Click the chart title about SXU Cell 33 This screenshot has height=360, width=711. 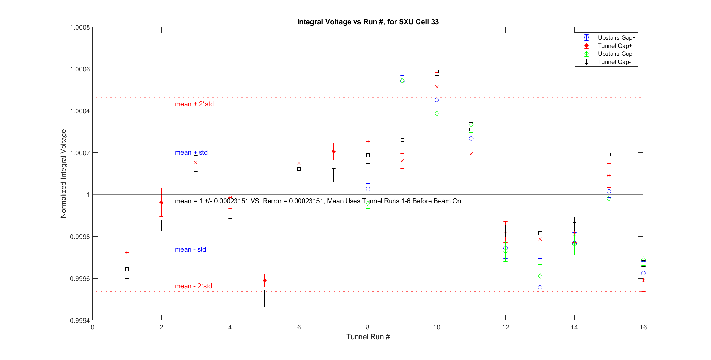(x=368, y=22)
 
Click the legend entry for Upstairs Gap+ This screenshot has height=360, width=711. (x=616, y=38)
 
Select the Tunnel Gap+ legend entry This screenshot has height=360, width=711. (x=615, y=46)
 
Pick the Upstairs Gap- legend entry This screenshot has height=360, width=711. (x=616, y=54)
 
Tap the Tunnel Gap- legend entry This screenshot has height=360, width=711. (x=614, y=62)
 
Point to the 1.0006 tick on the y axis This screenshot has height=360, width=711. (x=80, y=69)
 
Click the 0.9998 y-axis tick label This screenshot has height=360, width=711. (x=80, y=237)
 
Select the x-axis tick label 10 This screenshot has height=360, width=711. (x=436, y=327)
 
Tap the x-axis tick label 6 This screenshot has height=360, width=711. (x=299, y=327)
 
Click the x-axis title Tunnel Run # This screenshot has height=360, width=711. (x=368, y=337)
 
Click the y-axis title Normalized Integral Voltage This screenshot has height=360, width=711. (x=64, y=174)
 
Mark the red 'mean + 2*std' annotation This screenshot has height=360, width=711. (x=194, y=104)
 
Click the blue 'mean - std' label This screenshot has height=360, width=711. (x=190, y=249)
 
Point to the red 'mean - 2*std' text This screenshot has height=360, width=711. (x=193, y=286)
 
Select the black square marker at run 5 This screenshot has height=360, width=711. (x=264, y=298)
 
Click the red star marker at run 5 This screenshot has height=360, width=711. (x=264, y=280)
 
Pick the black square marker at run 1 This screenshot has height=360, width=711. (x=127, y=269)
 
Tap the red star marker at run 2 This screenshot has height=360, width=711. (x=161, y=202)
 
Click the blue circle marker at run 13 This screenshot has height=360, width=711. (x=540, y=287)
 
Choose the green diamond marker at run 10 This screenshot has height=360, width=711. (x=437, y=113)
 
